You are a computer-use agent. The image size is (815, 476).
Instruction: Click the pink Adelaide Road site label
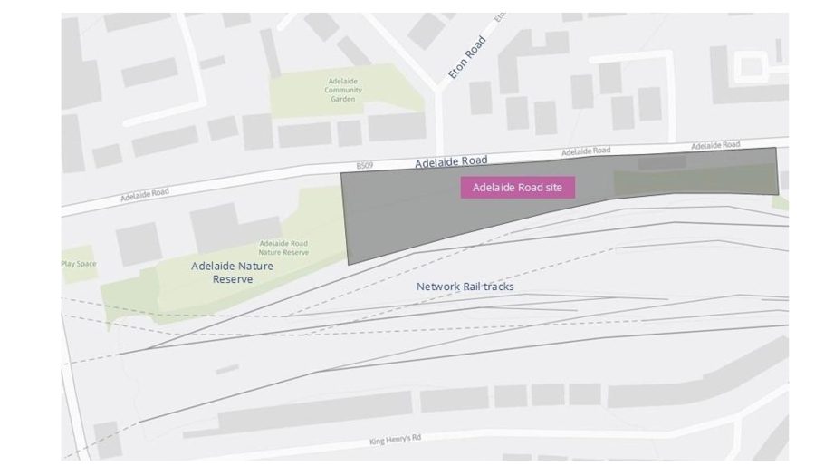[x=518, y=187]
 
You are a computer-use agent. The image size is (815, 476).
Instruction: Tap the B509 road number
[x=364, y=166]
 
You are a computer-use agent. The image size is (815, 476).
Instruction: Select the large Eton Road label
[x=467, y=57]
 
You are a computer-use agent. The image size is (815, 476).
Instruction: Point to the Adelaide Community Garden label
[x=344, y=90]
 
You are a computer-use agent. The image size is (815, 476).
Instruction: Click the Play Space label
[x=79, y=264]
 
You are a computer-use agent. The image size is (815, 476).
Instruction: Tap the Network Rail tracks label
[x=465, y=287]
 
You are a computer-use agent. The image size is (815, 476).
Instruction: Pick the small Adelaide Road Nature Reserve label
[x=283, y=248]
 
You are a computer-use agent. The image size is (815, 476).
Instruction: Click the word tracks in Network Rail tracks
[x=497, y=287]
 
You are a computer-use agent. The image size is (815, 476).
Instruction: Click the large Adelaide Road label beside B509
[x=451, y=162]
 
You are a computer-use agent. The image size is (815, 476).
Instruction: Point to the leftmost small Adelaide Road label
[x=145, y=193]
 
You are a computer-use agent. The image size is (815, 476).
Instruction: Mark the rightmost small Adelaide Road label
[x=715, y=145]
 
